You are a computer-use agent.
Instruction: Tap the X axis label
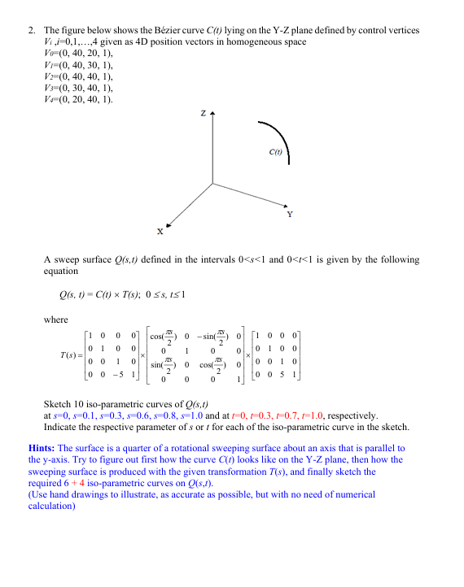(x=160, y=233)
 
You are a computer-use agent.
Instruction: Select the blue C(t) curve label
(x=275, y=152)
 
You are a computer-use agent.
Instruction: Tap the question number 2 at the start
(x=30, y=30)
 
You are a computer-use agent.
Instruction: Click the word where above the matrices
(x=55, y=320)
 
